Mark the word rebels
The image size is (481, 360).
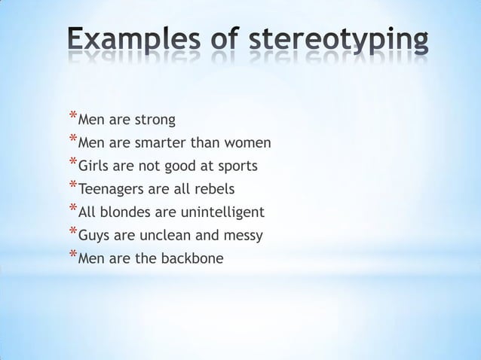216,188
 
